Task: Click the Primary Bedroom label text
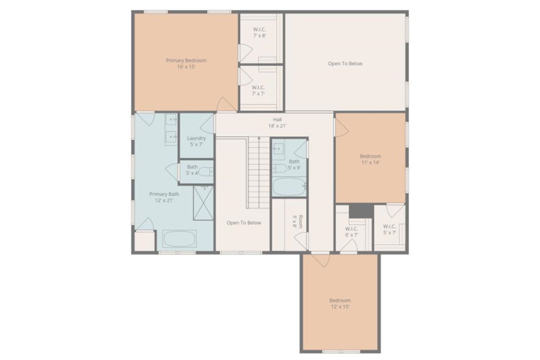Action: tap(186, 60)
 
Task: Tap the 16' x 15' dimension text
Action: tap(186, 67)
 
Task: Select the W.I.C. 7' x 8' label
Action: tap(259, 32)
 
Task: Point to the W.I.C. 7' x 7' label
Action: tap(259, 90)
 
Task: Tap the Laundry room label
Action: tap(197, 141)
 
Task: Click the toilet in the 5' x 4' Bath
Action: tap(206, 172)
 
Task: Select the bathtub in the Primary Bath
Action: tap(179, 239)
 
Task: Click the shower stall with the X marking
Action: tap(203, 203)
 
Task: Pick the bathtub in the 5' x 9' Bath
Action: tap(289, 186)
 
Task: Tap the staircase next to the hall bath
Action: tap(259, 172)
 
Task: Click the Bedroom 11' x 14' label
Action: tap(370, 159)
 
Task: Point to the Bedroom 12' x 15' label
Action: tap(340, 304)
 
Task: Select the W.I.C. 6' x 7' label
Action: tap(351, 231)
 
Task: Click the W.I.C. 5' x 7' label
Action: tap(389, 229)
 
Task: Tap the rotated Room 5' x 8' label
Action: tap(297, 221)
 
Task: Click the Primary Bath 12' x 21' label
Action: tap(164, 197)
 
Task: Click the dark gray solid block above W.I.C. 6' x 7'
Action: tap(361, 211)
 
